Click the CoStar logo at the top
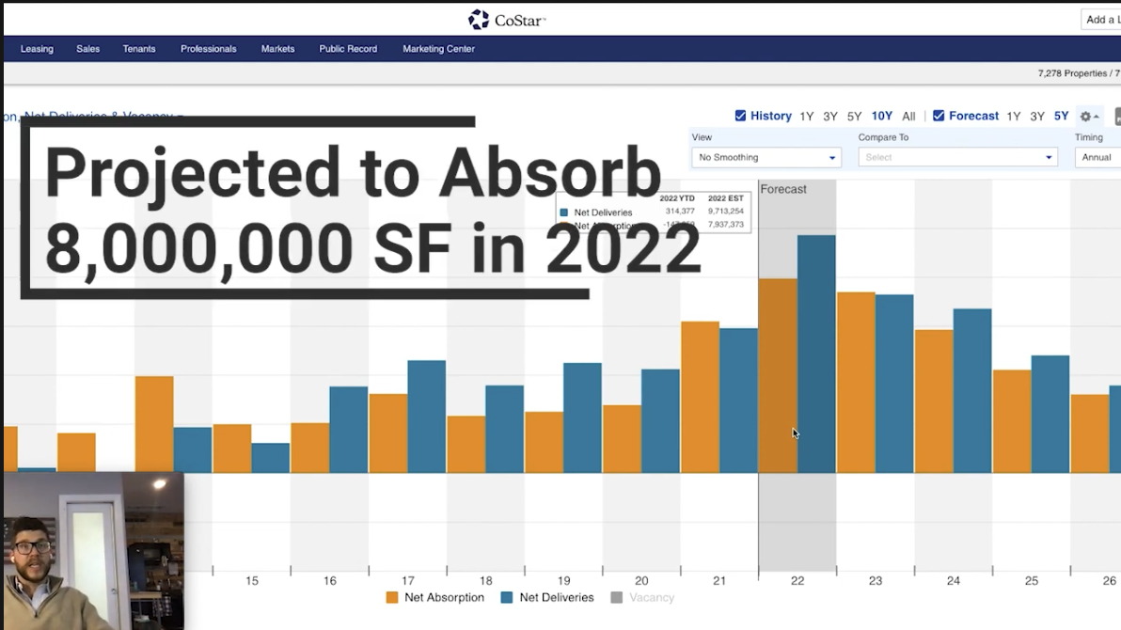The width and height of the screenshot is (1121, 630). pos(506,20)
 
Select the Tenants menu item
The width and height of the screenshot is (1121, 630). pos(139,49)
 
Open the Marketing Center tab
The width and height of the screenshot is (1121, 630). pos(438,49)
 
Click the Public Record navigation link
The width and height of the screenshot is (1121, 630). pos(348,49)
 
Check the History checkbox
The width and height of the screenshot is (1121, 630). pos(740,116)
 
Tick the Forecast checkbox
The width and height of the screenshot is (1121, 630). pos(939,116)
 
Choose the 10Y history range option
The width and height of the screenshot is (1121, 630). pos(881,117)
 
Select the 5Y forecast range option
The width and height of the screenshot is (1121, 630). pos(1061,117)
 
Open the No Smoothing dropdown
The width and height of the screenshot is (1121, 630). pos(766,157)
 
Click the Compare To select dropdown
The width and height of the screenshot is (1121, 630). pos(957,157)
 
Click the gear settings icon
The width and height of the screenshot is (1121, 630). pos(1086,117)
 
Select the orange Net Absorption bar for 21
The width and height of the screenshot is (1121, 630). pos(700,396)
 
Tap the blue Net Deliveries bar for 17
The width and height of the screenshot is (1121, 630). pos(426,416)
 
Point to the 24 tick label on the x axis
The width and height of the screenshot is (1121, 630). pos(954,581)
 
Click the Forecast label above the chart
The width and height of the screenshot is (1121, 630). pos(782,189)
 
